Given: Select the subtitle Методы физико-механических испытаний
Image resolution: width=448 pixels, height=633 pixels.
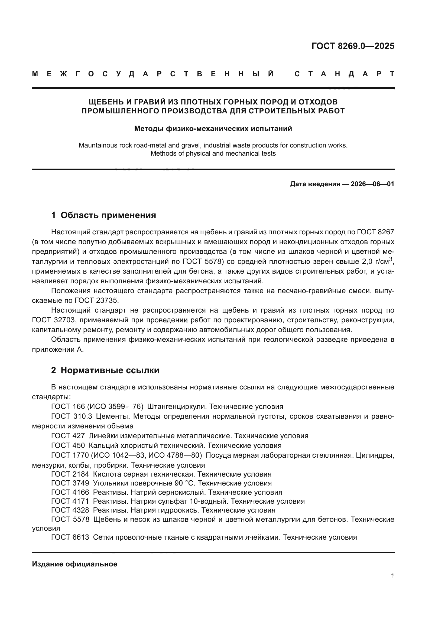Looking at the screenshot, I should point(213,129).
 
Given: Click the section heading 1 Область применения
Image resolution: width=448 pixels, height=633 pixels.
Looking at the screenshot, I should point(103,215).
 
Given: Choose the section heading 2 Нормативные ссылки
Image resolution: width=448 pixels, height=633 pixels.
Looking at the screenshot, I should point(105,370).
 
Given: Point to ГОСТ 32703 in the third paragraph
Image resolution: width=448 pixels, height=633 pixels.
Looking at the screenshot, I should point(53,320).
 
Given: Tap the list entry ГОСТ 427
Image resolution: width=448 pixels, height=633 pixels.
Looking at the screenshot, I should point(68,436).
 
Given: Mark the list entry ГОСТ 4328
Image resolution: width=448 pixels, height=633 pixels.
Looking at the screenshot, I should point(70,510).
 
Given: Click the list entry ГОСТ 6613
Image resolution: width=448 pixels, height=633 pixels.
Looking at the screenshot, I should point(70,537).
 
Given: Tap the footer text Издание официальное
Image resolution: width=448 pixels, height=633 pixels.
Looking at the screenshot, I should point(74,564).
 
